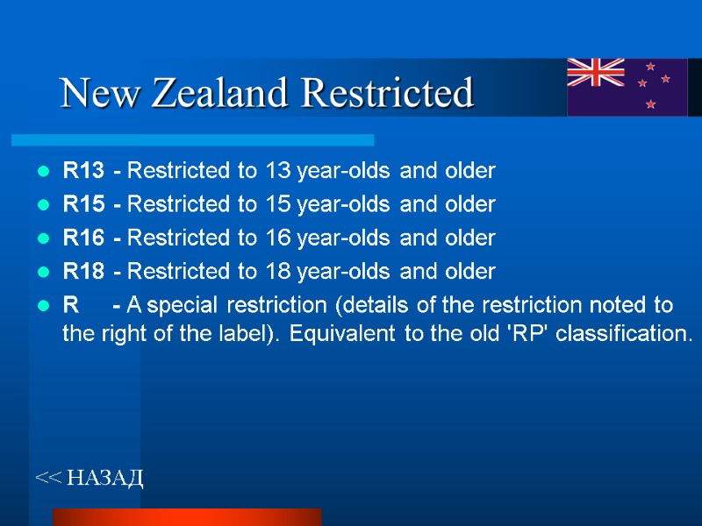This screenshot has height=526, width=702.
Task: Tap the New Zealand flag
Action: click(627, 87)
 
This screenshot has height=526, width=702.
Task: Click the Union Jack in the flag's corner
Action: click(596, 72)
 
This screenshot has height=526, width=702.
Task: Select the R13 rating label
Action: click(83, 170)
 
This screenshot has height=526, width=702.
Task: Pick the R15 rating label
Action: click(83, 204)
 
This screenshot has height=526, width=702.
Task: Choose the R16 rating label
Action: click(83, 238)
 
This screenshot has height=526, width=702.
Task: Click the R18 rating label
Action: click(83, 272)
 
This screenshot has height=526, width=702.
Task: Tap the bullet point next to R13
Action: click(43, 171)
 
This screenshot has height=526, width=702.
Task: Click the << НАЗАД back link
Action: click(89, 478)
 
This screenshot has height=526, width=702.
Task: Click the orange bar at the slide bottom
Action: click(187, 516)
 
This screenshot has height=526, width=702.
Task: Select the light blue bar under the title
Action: click(192, 139)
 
